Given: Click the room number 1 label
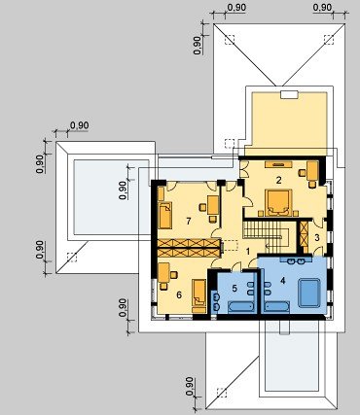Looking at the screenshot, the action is point(248,252).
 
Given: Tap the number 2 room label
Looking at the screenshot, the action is point(279,180).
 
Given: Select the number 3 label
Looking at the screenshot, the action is point(317,237).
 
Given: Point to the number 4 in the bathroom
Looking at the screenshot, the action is point(283,281).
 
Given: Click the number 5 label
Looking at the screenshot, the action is point(234,288).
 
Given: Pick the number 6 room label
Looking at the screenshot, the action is point(179,294).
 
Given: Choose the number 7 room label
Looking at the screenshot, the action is point(189,221).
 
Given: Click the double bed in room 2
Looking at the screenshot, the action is point(278,203).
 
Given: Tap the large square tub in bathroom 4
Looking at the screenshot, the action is point(309,293).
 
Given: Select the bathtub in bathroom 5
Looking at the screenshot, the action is point(240,307).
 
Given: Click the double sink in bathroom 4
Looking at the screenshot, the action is point(296,259).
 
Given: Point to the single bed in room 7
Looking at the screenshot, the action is point(165,215).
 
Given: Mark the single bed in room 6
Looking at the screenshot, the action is point(198,293).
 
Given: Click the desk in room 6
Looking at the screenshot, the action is point(163,272).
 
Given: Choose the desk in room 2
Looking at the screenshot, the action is point(312,171).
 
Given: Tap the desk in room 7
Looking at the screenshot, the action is point(213,205).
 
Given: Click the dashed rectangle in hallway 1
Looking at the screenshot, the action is point(232,245).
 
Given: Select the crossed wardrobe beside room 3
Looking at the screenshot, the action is point(304,233).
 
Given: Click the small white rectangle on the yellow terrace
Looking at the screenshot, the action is point(289,94).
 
